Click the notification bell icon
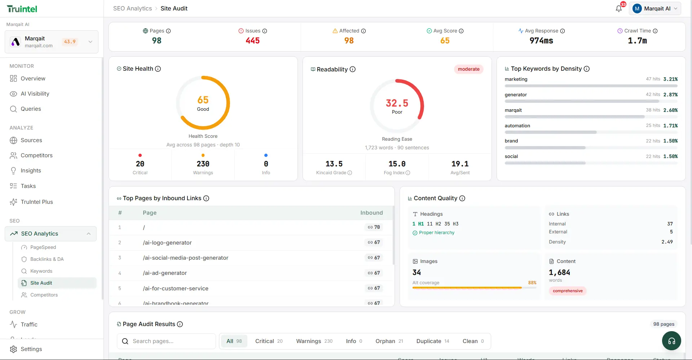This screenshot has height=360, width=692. coord(619,9)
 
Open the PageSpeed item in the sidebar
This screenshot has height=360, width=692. coord(43,247)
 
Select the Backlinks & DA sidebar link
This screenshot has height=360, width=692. coord(47,259)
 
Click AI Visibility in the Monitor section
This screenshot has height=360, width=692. coord(35,94)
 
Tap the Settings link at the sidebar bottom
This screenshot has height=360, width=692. coord(31,349)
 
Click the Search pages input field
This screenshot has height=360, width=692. coord(169,341)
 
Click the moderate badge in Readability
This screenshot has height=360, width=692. coord(468,69)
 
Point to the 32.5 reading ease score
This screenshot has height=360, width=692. coord(397,104)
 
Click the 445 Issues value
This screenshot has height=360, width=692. coord(252,41)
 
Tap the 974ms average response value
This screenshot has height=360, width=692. coord(541,41)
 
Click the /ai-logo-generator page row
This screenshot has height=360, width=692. coord(167,243)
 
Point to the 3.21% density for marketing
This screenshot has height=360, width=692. coord(670,79)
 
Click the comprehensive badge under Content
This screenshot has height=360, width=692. coord(568,291)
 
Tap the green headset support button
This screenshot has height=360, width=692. coord(671,341)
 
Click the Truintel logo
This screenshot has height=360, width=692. coord(22,9)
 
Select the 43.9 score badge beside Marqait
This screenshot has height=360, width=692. coord(70,42)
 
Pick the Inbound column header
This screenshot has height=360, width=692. coord(371,213)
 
